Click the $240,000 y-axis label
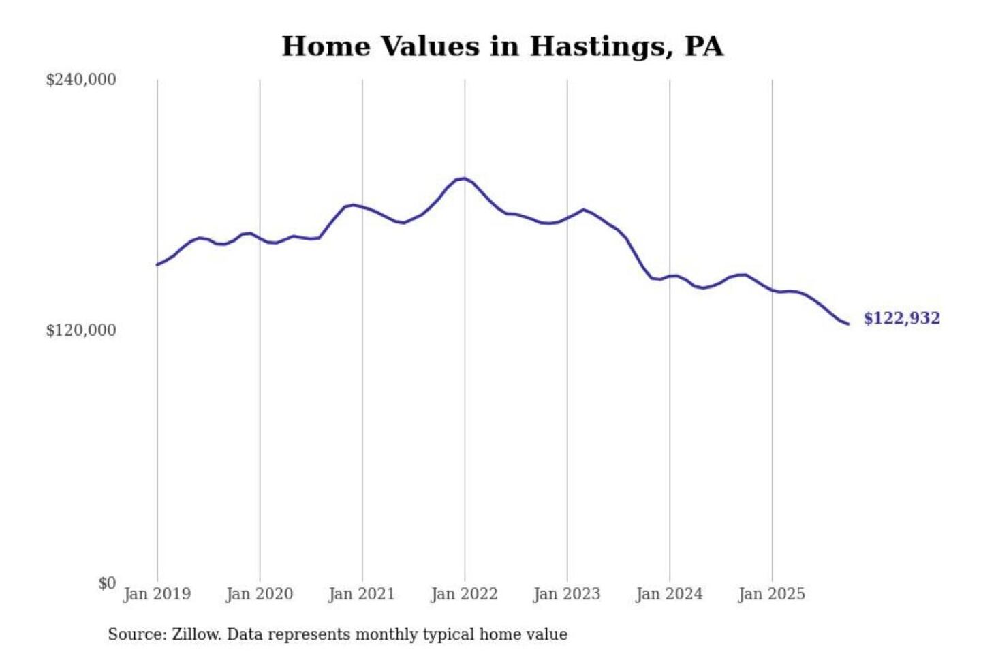(x=80, y=80)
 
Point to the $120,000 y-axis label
(x=80, y=330)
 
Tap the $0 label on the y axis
(x=106, y=583)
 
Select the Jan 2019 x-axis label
(x=157, y=594)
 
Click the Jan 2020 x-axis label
(x=259, y=594)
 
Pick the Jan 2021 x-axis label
(x=361, y=594)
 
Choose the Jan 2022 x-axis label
(x=464, y=594)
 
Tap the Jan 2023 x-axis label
(x=566, y=594)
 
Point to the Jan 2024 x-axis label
(x=668, y=594)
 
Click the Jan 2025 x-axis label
(x=771, y=594)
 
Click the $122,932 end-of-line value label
(x=901, y=318)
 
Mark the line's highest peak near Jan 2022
(x=464, y=178)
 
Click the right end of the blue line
(x=848, y=324)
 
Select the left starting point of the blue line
(x=157, y=264)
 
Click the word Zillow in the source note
(x=196, y=634)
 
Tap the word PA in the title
(x=704, y=47)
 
